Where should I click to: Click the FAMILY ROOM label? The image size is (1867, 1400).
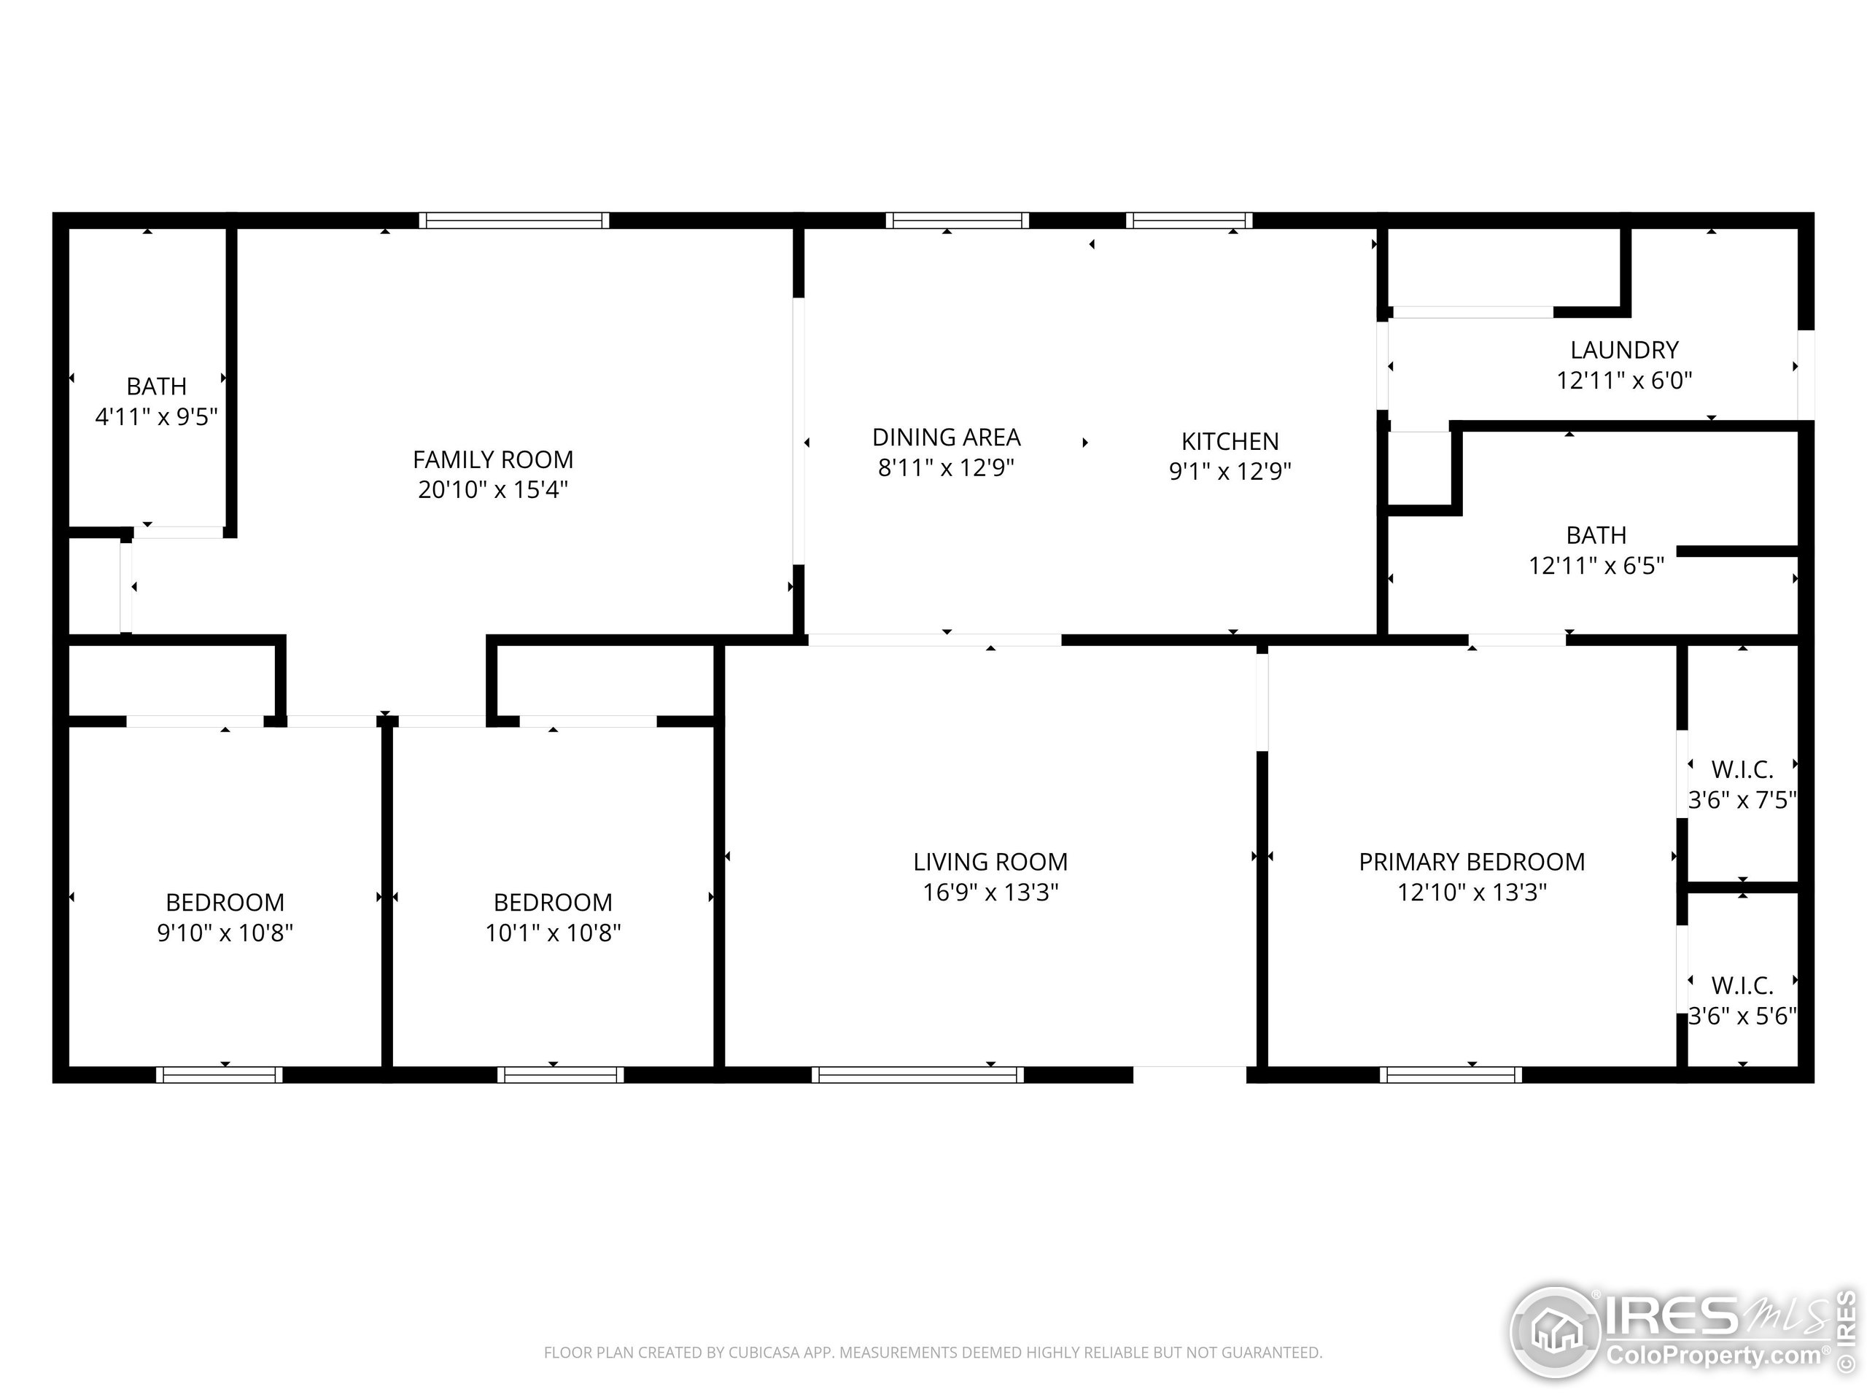(x=493, y=460)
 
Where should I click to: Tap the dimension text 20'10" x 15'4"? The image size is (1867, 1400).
(x=493, y=490)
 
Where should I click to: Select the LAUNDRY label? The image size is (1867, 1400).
(x=1624, y=350)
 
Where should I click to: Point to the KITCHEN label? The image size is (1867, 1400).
(x=1230, y=441)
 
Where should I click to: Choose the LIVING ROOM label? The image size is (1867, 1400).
(x=990, y=863)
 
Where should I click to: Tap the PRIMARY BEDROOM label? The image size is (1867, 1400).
(x=1471, y=863)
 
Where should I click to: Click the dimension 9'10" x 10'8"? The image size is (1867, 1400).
(x=225, y=933)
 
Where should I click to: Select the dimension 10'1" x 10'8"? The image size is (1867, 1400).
(x=553, y=933)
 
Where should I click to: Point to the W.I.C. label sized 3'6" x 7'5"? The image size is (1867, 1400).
(x=1742, y=769)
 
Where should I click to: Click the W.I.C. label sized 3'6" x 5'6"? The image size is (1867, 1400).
(x=1742, y=986)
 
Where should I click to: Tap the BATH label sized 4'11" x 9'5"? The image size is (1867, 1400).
(x=156, y=386)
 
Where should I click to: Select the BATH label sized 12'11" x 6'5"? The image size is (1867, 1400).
(x=1595, y=536)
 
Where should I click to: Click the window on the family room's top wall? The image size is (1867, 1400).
(x=514, y=221)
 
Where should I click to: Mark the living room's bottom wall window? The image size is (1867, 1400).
(x=917, y=1075)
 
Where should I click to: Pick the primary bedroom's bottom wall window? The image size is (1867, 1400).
(x=1451, y=1075)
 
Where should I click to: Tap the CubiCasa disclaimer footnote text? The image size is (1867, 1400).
(x=933, y=1353)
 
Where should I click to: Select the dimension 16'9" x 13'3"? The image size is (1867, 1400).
(x=990, y=892)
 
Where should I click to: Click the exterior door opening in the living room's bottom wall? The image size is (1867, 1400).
(x=1189, y=1075)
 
